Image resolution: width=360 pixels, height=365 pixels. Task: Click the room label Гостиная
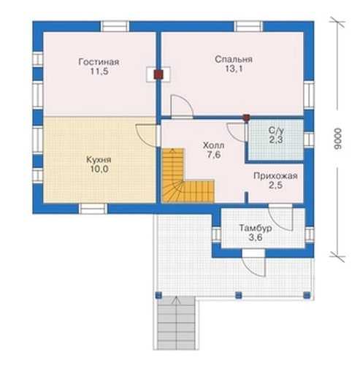pos(99,62)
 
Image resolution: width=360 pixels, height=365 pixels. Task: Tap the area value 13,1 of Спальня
pos(234,69)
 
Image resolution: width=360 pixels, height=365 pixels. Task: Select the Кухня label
pos(99,160)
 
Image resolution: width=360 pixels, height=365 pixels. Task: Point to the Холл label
pos(213,145)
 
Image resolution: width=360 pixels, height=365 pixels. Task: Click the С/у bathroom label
pos(276,131)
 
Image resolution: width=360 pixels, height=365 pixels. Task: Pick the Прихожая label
pos(275,176)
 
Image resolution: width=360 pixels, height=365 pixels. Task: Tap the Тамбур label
pos(256,228)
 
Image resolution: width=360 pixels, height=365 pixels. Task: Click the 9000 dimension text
pos(338,139)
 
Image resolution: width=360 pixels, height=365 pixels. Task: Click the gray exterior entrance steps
pos(177,323)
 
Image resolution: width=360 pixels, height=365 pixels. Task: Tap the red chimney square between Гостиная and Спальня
pos(158,74)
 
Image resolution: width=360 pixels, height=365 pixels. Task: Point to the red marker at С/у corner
pos(247,118)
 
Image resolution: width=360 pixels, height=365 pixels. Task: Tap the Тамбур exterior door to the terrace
pos(253,264)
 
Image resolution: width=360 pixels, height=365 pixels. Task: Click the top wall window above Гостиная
pos(115,26)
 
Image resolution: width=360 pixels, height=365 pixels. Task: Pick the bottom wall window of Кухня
pos(93,209)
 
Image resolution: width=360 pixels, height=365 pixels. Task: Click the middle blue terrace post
pos(239,295)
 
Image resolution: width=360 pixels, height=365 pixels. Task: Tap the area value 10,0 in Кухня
pos(99,169)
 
